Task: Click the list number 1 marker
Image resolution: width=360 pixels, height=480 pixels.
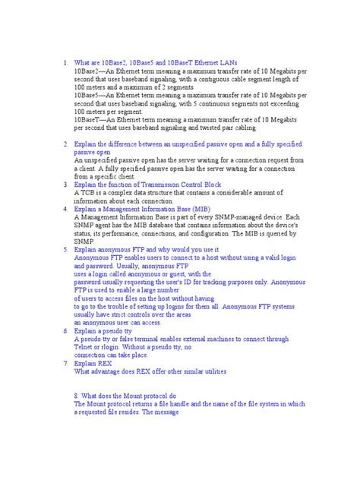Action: click(65, 62)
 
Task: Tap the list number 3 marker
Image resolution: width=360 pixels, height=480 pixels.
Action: click(65, 184)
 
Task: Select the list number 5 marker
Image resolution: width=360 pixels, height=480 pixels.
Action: click(65, 249)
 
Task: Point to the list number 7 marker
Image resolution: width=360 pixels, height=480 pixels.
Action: click(65, 364)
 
